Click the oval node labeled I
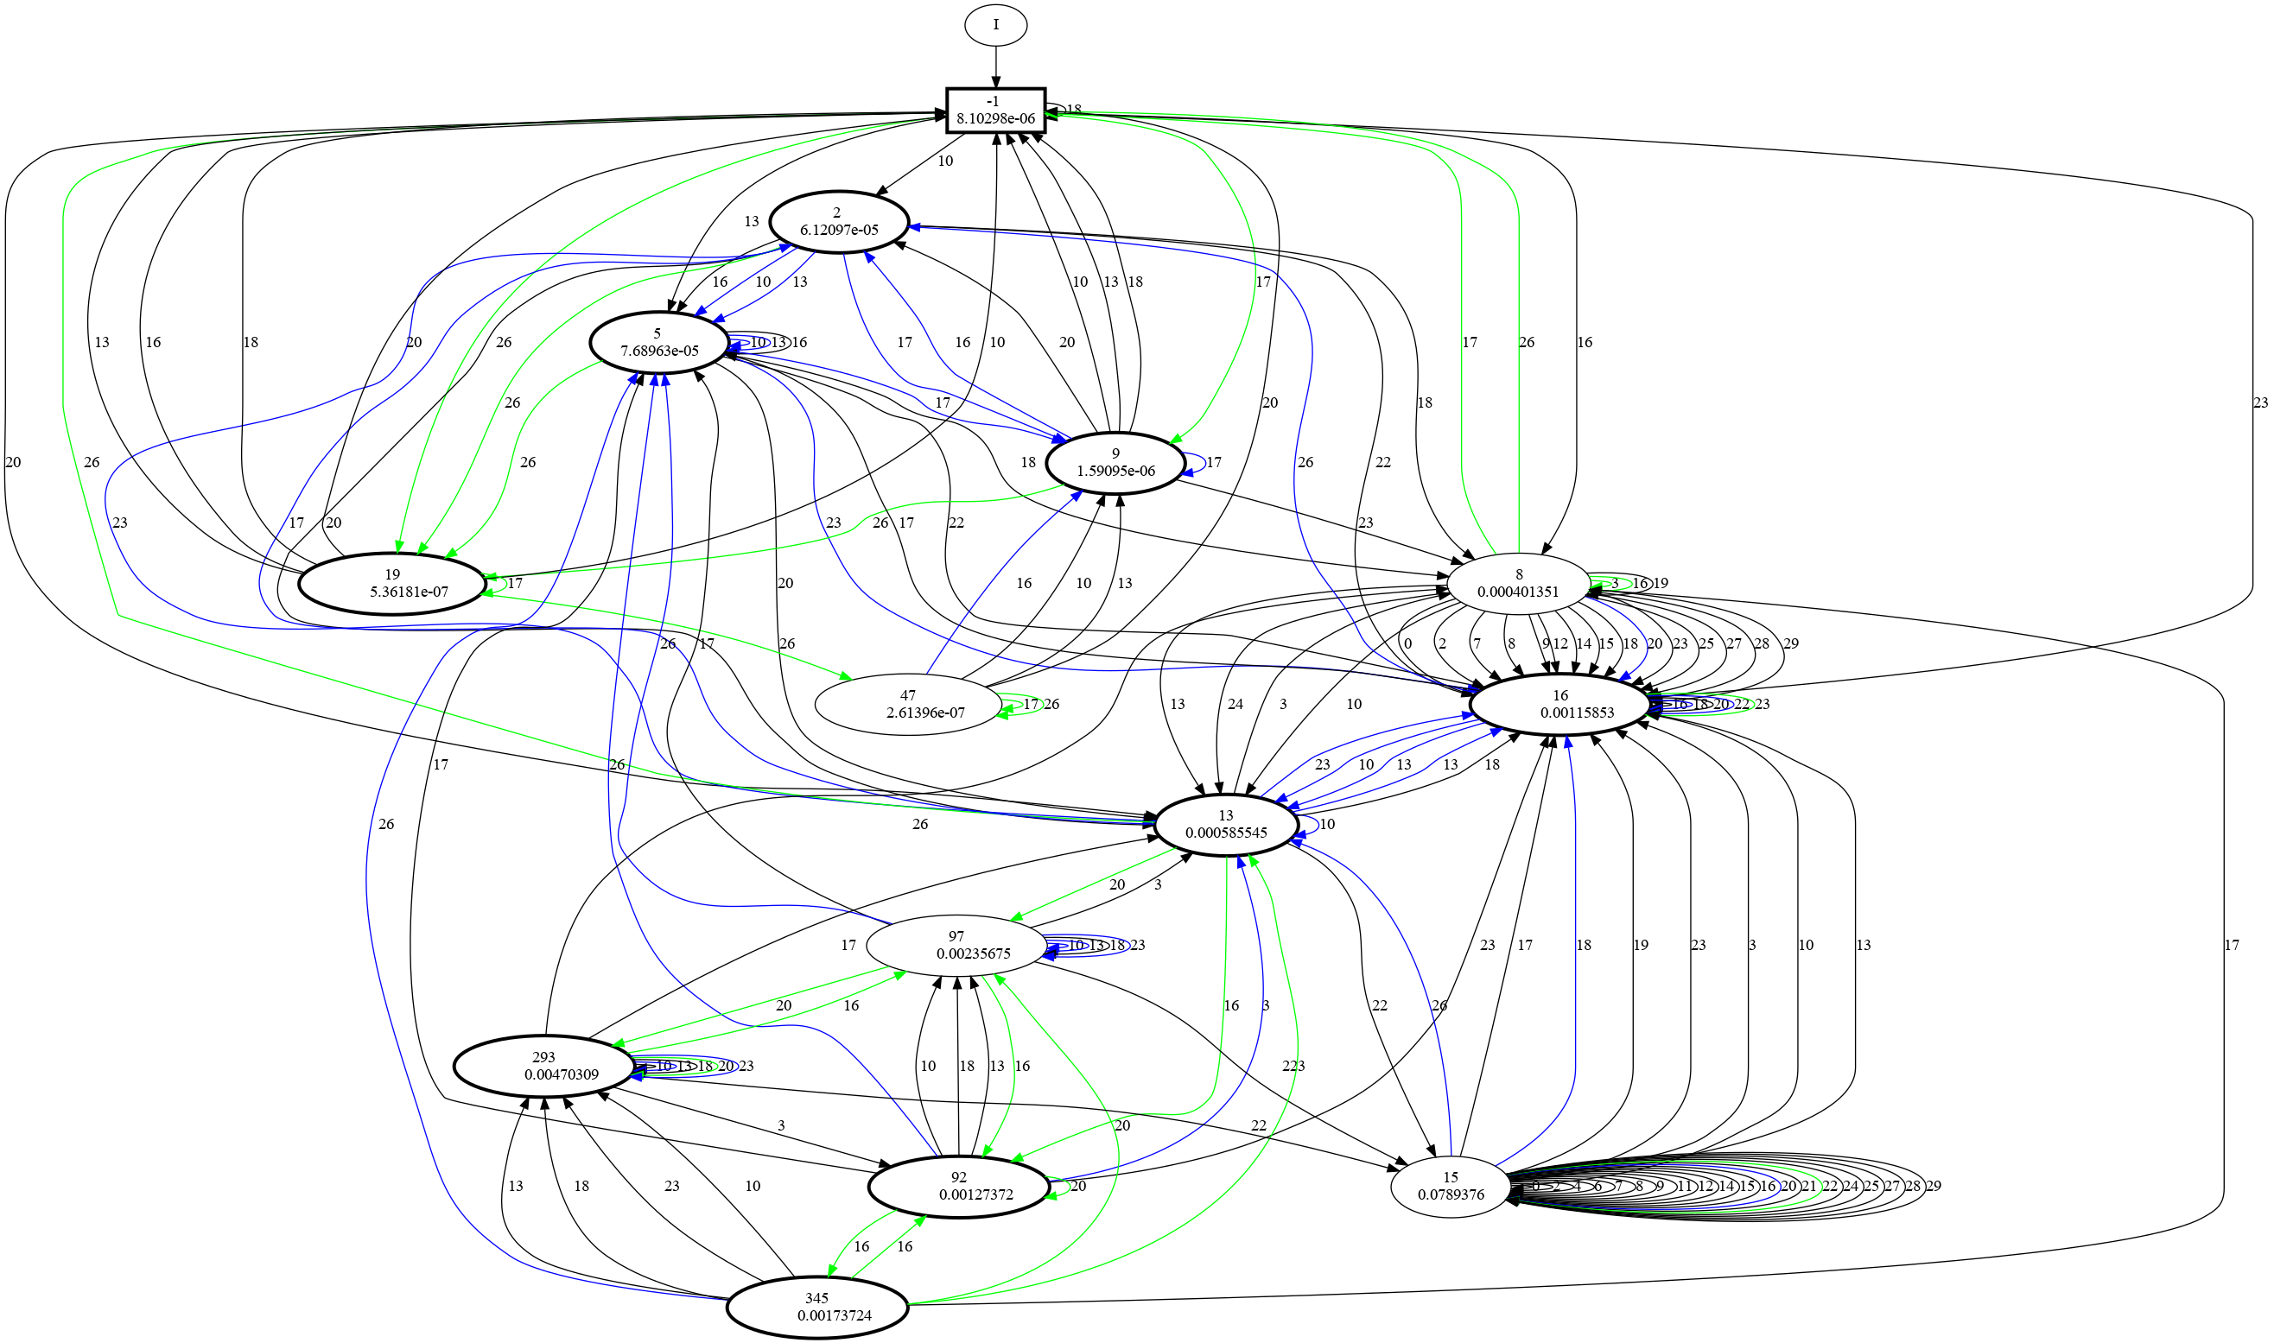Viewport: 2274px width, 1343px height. pyautogui.click(x=995, y=24)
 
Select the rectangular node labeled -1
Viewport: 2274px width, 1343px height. pyautogui.click(x=995, y=110)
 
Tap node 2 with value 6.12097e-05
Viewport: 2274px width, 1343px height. pyautogui.click(x=838, y=221)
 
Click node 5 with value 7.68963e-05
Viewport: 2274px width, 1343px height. pyautogui.click(x=659, y=342)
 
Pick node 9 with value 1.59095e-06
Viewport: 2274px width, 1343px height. pyautogui.click(x=1115, y=462)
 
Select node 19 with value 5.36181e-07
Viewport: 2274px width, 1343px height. pyautogui.click(x=392, y=584)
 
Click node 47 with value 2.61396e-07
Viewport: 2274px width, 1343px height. pyautogui.click(x=907, y=704)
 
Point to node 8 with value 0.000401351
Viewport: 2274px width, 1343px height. pyautogui.click(x=1518, y=583)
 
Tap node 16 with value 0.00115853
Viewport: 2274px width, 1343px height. pyautogui.click(x=1559, y=704)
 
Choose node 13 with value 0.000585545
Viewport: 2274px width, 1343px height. pyautogui.click(x=1225, y=825)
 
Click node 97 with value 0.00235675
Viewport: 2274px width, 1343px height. pyautogui.click(x=956, y=945)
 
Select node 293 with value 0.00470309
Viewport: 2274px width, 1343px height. pyautogui.click(x=543, y=1065)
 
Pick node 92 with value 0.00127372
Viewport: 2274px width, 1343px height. pyautogui.click(x=959, y=1187)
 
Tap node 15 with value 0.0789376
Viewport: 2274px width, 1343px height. pyautogui.click(x=1451, y=1187)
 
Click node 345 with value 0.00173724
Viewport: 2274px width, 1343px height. pyautogui.click(x=816, y=1307)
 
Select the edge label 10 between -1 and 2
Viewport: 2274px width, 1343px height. pyautogui.click(x=945, y=162)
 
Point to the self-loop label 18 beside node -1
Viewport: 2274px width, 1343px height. pyautogui.click(x=1074, y=110)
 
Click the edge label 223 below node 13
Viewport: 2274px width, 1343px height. pyautogui.click(x=1293, y=1066)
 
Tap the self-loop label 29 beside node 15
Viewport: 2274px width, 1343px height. pyautogui.click(x=1933, y=1187)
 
